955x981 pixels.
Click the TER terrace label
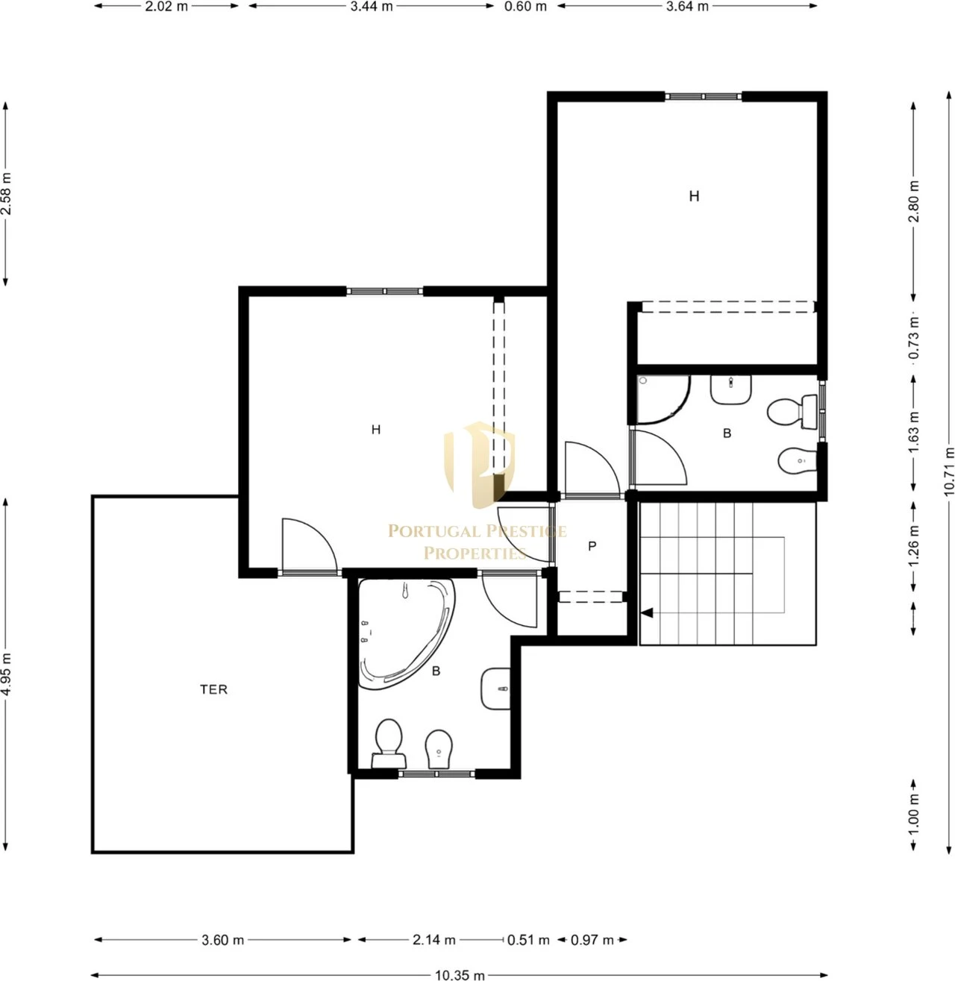tap(213, 689)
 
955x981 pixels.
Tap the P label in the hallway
tap(592, 546)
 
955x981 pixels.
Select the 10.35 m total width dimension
tap(460, 976)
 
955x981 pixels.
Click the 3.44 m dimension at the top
tap(372, 7)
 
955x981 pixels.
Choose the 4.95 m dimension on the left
tap(6, 674)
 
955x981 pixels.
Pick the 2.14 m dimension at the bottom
tap(433, 940)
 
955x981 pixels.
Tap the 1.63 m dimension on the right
tap(914, 433)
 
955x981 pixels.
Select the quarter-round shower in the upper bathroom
tap(662, 399)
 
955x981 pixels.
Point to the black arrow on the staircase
tap(647, 613)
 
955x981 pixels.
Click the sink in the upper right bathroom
tap(730, 389)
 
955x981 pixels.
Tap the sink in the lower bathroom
tap(495, 689)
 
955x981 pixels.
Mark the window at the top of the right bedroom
tap(703, 96)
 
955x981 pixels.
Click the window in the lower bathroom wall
tap(436, 774)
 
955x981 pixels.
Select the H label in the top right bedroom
tap(694, 196)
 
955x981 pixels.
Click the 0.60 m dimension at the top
tap(525, 7)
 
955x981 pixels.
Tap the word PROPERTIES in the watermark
tap(475, 554)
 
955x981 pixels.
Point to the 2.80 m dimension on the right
tap(914, 201)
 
